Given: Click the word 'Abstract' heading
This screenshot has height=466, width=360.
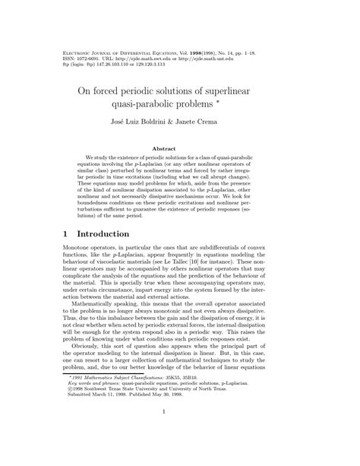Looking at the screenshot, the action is [x=180, y=148].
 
